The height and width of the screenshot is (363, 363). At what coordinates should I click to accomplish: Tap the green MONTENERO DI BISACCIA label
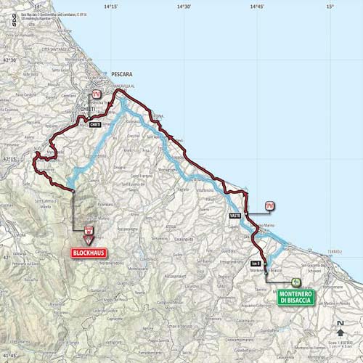295,297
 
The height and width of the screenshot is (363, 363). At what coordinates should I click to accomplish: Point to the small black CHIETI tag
96,125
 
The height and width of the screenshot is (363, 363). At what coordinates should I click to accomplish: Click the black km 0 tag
256,263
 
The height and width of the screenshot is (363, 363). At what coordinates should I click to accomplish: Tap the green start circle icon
295,282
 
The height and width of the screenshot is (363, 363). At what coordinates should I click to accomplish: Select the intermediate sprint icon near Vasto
270,205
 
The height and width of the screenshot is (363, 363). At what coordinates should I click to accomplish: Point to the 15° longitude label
330,7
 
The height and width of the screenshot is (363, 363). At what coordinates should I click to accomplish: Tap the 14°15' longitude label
110,7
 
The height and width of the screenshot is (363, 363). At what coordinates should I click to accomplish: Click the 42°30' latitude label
8,60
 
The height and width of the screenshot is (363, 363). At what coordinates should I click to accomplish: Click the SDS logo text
13,20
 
